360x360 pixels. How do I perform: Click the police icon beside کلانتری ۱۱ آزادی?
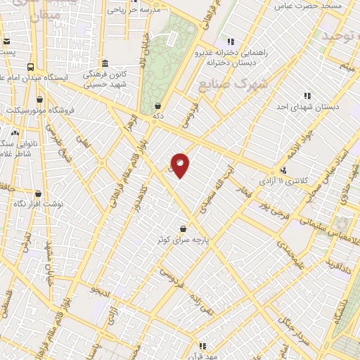click(283, 170)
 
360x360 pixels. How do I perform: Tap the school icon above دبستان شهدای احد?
click(307, 96)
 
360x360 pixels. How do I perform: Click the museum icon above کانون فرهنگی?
click(105, 63)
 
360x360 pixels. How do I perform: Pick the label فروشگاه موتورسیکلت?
click(44, 110)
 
